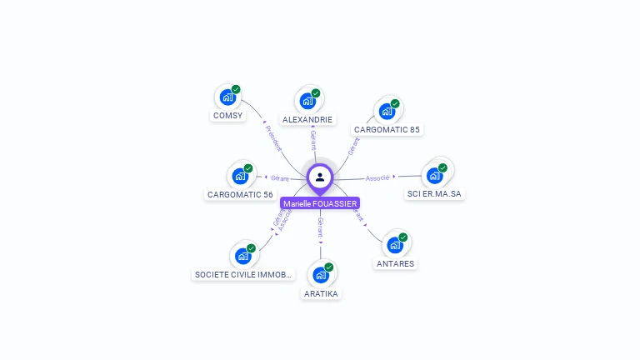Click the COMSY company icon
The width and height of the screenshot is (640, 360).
coord(227,97)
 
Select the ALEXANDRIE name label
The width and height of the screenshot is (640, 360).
coord(307,119)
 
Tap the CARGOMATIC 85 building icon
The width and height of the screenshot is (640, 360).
coord(386,112)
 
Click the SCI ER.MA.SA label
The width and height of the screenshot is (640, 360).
coord(434,194)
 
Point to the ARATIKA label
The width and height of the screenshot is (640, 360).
coord(322,293)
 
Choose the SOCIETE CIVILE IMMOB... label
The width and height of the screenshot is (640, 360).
coord(243,274)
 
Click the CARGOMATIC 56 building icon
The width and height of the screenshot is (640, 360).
coord(240,176)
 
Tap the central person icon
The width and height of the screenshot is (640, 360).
coord(320,177)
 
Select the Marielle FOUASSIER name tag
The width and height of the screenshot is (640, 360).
coord(320,203)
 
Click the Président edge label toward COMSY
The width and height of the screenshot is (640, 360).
coord(273,138)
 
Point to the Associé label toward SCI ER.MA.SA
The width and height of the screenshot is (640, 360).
coord(377,178)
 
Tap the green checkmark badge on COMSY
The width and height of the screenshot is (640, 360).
coord(236,89)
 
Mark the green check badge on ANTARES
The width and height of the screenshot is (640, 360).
coord(403,237)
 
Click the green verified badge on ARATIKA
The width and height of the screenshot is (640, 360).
coord(329,267)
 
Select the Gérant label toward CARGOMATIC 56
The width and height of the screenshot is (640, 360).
coord(280,178)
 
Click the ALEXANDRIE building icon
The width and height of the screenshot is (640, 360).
coord(307,102)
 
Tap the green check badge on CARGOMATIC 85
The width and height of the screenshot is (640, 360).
coord(395,104)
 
